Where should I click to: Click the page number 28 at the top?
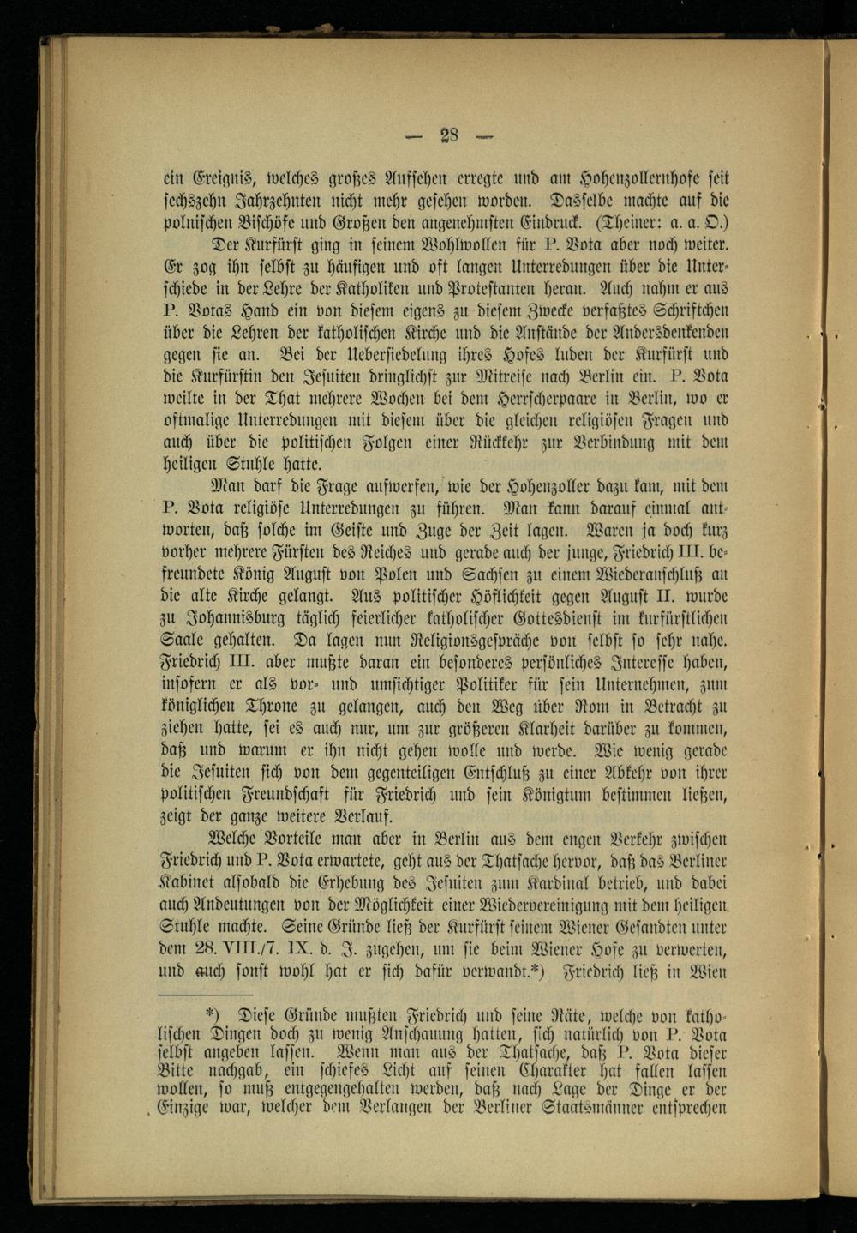[450, 135]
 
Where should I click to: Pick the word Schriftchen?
[683, 310]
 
